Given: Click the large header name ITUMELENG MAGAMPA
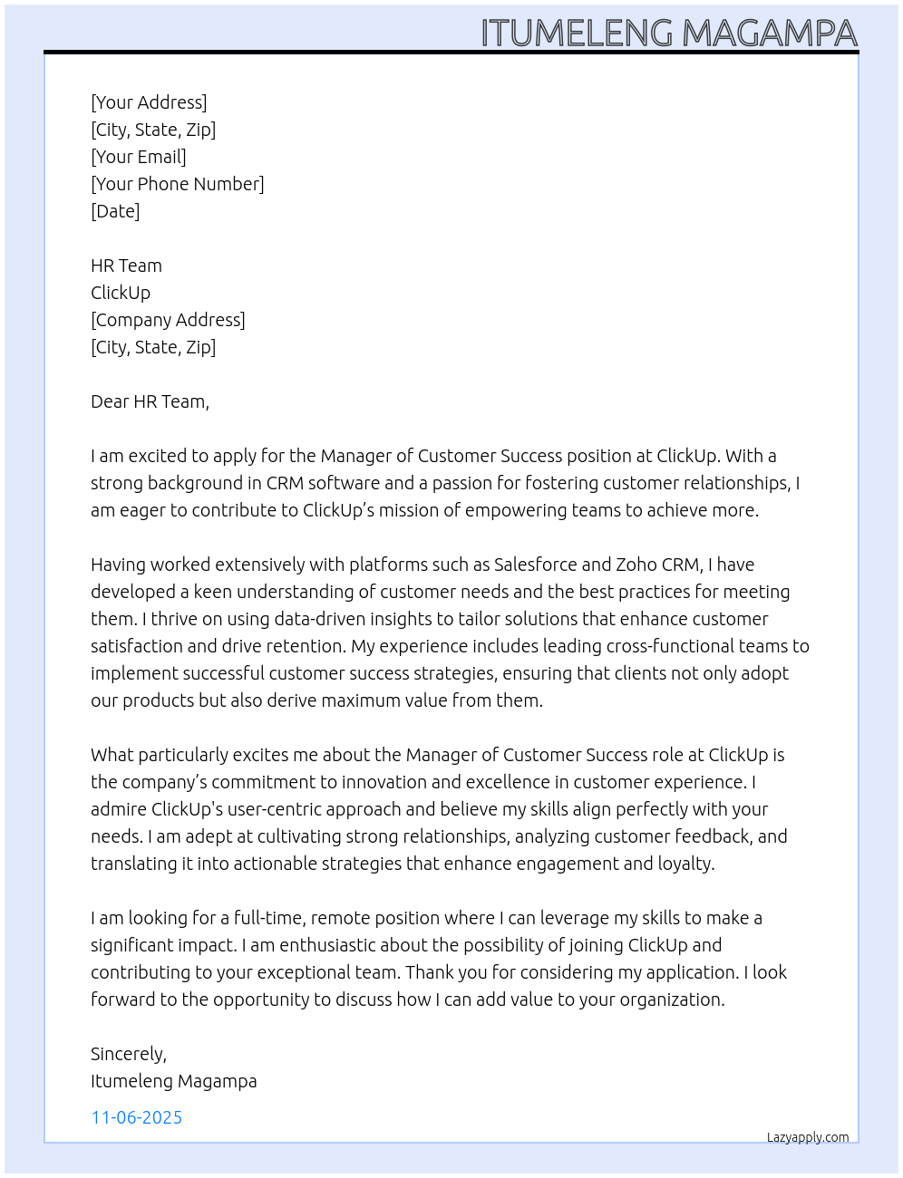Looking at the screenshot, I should [x=668, y=34].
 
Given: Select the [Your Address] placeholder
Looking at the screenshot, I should [x=149, y=102].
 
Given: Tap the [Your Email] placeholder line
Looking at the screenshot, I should [x=139, y=157].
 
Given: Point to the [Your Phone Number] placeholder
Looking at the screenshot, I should [x=178, y=184].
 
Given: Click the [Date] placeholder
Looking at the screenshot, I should [x=115, y=211].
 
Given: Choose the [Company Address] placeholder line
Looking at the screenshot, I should [x=168, y=320].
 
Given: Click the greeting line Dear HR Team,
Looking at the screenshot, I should [x=150, y=401].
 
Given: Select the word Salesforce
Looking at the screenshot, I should [x=535, y=565].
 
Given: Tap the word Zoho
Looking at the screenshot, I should [x=636, y=565].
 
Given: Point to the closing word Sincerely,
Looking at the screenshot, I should [x=129, y=1054].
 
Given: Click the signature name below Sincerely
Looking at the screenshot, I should [x=173, y=1081].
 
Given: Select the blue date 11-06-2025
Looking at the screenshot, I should [x=137, y=1117].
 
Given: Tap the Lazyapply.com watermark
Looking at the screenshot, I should [x=808, y=1137].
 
